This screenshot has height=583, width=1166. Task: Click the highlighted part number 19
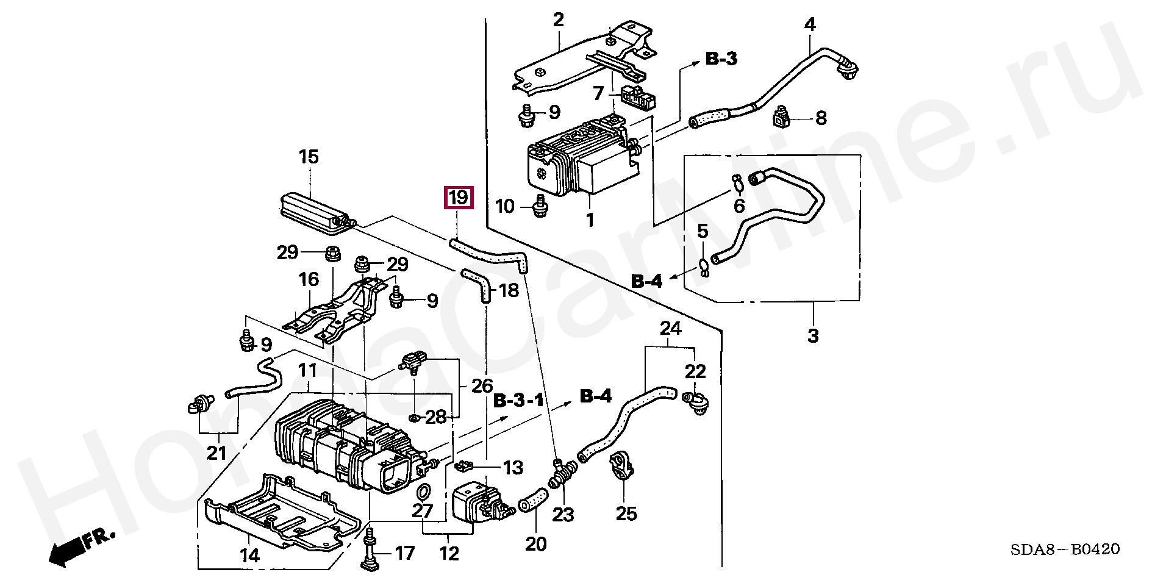(x=458, y=198)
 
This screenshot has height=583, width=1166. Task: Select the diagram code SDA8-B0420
(x=1065, y=549)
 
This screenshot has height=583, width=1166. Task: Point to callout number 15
(x=309, y=157)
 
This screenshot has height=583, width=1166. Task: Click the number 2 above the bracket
(x=559, y=20)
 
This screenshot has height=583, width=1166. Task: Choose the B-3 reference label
(x=721, y=59)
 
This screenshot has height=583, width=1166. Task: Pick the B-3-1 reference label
(x=518, y=401)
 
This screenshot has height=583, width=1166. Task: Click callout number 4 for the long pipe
(x=810, y=25)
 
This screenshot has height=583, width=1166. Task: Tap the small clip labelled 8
(x=782, y=117)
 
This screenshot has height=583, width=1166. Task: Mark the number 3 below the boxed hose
(x=813, y=335)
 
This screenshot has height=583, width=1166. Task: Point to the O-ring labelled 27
(x=423, y=492)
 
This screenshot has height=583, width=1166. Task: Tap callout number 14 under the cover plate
(x=249, y=556)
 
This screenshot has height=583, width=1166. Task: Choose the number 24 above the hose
(x=670, y=329)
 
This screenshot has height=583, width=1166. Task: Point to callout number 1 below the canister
(x=590, y=220)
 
